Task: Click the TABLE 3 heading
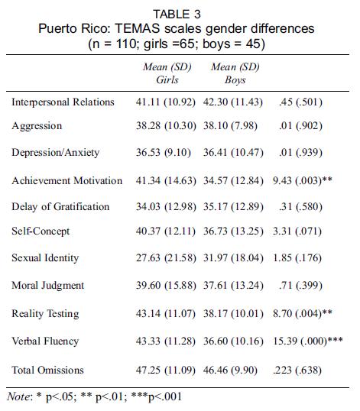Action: tap(177, 15)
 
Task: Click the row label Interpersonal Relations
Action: tap(63, 102)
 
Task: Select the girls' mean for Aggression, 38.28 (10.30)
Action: tap(166, 126)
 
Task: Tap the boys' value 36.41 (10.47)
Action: tap(233, 153)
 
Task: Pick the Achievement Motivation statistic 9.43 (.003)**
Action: tap(303, 180)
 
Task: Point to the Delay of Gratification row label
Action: tap(60, 206)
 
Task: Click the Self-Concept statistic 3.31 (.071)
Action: tap(297, 231)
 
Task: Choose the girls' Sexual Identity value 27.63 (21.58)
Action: tap(166, 258)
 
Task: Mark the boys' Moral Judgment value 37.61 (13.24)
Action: tap(233, 286)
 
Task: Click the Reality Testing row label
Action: tap(45, 314)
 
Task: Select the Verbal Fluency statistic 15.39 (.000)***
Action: tap(308, 341)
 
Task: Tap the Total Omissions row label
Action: tap(47, 370)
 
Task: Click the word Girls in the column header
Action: tap(167, 79)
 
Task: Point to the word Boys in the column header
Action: tap(235, 80)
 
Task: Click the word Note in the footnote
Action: tap(18, 396)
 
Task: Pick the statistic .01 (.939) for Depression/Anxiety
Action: tap(300, 153)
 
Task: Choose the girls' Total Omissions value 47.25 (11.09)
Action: tap(166, 370)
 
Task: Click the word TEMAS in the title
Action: tap(137, 28)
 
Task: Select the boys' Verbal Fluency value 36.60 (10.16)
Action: tap(233, 341)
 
